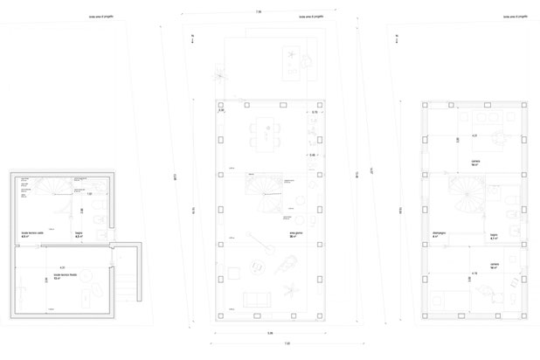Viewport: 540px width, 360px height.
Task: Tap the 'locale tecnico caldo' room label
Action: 32,234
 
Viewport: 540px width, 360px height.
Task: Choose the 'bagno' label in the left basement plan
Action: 77,234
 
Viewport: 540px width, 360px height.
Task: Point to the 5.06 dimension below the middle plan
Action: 270,333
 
